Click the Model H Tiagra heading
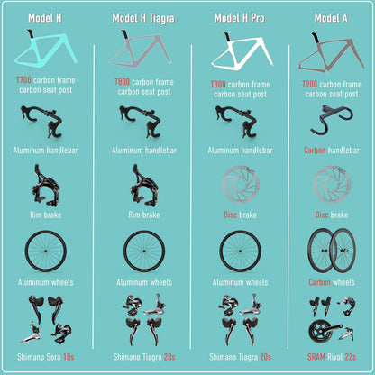(x=143, y=18)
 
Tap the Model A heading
(x=331, y=18)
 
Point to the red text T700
(x=23, y=80)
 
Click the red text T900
(x=310, y=84)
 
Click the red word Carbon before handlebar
(x=315, y=150)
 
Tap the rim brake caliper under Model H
(x=46, y=186)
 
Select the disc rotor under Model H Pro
(x=240, y=184)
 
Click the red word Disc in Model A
(x=321, y=215)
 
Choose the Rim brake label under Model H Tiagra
(x=144, y=215)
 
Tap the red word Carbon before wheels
(x=319, y=282)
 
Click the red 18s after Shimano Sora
(x=69, y=357)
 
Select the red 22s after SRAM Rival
(x=351, y=357)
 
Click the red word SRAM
(x=316, y=357)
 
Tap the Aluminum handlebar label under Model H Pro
(x=240, y=150)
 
